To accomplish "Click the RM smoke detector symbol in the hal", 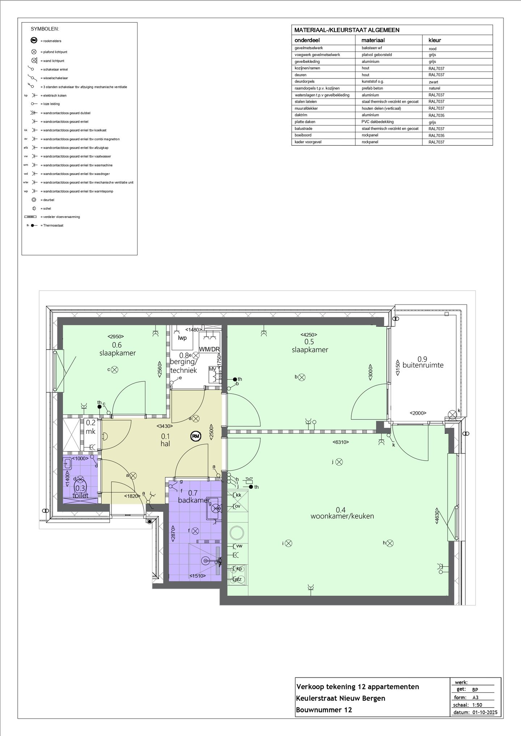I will pos(196,436).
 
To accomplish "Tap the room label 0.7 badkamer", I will pos(193,497).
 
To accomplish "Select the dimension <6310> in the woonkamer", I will pos(341,442).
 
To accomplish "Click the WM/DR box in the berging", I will pos(209,349).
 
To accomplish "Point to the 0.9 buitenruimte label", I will pos(423,362).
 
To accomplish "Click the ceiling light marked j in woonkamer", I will pos(339,462).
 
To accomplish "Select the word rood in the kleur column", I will pos(432,48).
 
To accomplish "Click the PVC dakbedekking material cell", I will pos(377,122).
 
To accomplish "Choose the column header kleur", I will pos(434,40).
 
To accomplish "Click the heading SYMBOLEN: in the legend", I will pos(45,29).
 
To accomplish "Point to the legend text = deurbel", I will pos(48,200).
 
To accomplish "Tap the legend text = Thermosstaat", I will pos(53,226).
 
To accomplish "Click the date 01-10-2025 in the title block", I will pos(484,713).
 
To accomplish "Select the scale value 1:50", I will pos(477,705).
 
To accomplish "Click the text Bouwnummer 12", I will pos(324,710).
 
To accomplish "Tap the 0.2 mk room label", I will pos(90,427).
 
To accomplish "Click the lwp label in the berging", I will pos(182,338).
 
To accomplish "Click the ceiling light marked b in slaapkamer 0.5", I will pos(301,377).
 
